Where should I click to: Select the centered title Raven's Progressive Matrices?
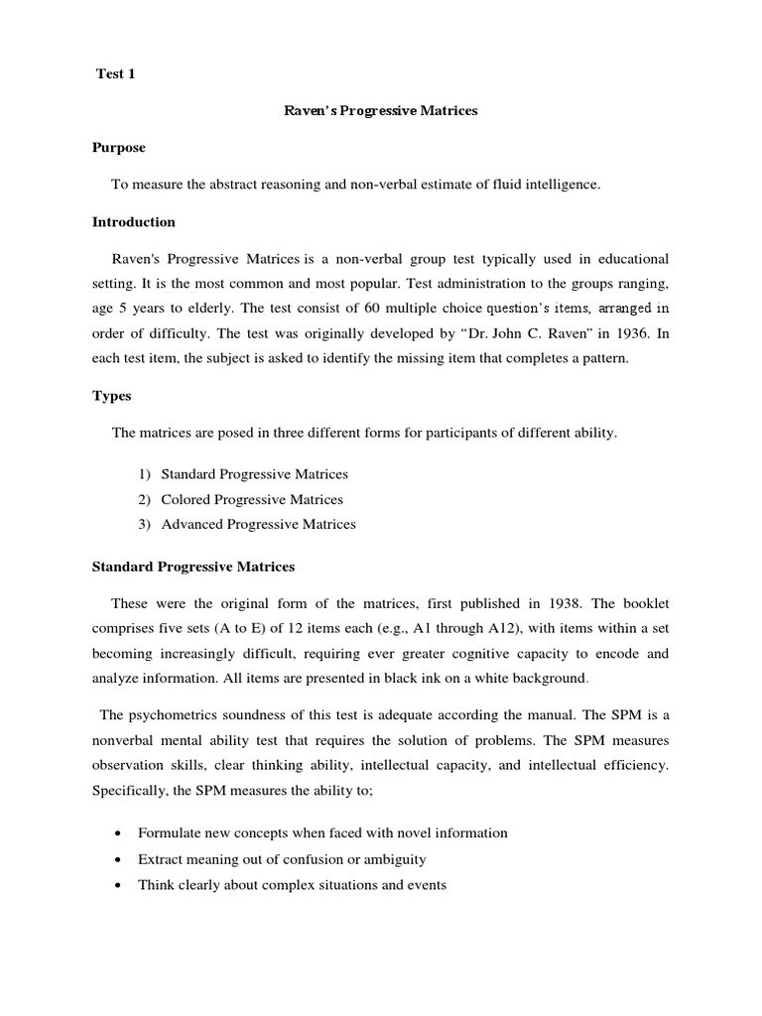click(x=381, y=111)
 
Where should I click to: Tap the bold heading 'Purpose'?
click(x=119, y=147)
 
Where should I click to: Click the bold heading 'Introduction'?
click(x=134, y=221)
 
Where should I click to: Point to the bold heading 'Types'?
click(x=111, y=396)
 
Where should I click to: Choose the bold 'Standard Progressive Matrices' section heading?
click(x=193, y=567)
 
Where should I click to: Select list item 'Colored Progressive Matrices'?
click(x=252, y=499)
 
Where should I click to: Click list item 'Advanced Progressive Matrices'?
click(x=258, y=524)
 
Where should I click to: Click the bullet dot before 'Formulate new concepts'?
click(x=119, y=833)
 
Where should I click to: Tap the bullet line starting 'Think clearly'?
click(x=292, y=884)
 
